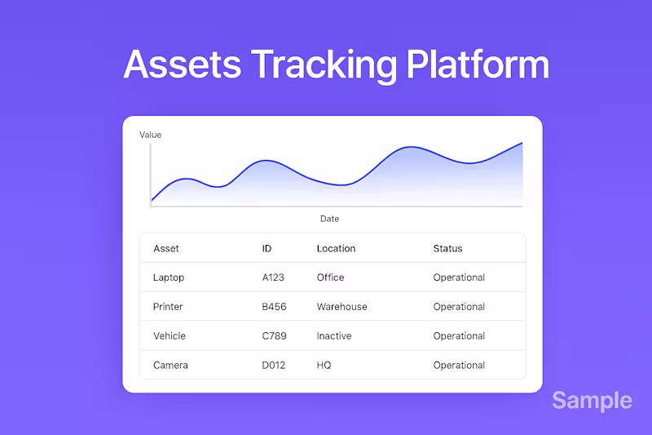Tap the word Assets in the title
(182, 64)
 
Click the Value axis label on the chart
(151, 135)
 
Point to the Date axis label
(329, 219)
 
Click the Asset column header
(166, 248)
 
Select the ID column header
(267, 248)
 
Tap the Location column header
(336, 248)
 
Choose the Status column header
(447, 248)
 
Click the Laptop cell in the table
(169, 277)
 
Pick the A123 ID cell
(273, 277)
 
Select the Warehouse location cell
(341, 307)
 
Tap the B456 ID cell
(273, 307)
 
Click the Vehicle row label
(170, 336)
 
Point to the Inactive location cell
(334, 336)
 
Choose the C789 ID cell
(273, 336)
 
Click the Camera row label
(170, 366)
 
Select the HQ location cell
(324, 366)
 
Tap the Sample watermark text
(592, 401)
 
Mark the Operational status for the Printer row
(459, 307)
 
